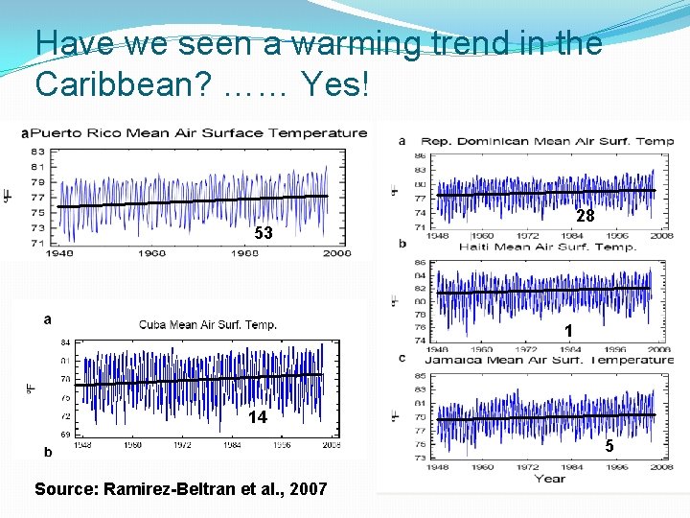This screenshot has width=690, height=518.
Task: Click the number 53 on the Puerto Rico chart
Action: coord(263,233)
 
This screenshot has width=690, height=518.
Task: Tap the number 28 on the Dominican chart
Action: coord(586,216)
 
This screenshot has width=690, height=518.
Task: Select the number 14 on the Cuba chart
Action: coord(257,416)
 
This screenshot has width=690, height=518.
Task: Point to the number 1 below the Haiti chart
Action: coord(568,331)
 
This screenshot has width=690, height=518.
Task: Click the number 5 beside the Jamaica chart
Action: coord(609,446)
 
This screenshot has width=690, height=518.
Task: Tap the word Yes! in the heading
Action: coord(333,84)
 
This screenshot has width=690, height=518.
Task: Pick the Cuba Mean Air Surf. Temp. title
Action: coord(208,324)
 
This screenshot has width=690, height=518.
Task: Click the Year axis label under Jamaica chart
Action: coord(549,478)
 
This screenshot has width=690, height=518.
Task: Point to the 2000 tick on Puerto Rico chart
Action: coord(336,253)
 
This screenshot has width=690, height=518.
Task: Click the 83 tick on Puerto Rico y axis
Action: coord(37,152)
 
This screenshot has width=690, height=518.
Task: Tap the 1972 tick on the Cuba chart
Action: coord(181,446)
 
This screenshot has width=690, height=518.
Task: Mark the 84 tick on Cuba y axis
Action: coord(65,341)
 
